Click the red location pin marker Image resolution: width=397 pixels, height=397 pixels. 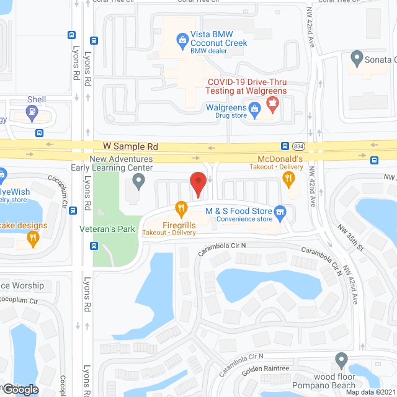pyautogui.click(x=197, y=184)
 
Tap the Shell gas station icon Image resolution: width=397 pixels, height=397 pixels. pyautogui.click(x=32, y=113)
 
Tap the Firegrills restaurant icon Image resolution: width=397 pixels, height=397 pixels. pyautogui.click(x=181, y=208)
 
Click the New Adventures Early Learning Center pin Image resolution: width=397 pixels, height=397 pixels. pyautogui.click(x=139, y=181)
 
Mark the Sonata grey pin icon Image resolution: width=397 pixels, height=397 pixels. pyautogui.click(x=357, y=60)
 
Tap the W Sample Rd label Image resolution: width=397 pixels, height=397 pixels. pyautogui.click(x=131, y=146)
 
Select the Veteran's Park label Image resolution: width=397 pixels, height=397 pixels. pyautogui.click(x=107, y=229)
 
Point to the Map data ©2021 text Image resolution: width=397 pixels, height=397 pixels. pyautogui.click(x=370, y=392)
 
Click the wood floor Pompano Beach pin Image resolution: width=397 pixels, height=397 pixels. pyautogui.click(x=341, y=360)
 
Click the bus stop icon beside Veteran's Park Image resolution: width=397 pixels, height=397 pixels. pyautogui.click(x=94, y=246)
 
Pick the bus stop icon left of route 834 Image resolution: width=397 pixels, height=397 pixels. pyautogui.click(x=285, y=146)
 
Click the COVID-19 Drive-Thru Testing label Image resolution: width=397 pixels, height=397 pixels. pyautogui.click(x=247, y=86)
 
